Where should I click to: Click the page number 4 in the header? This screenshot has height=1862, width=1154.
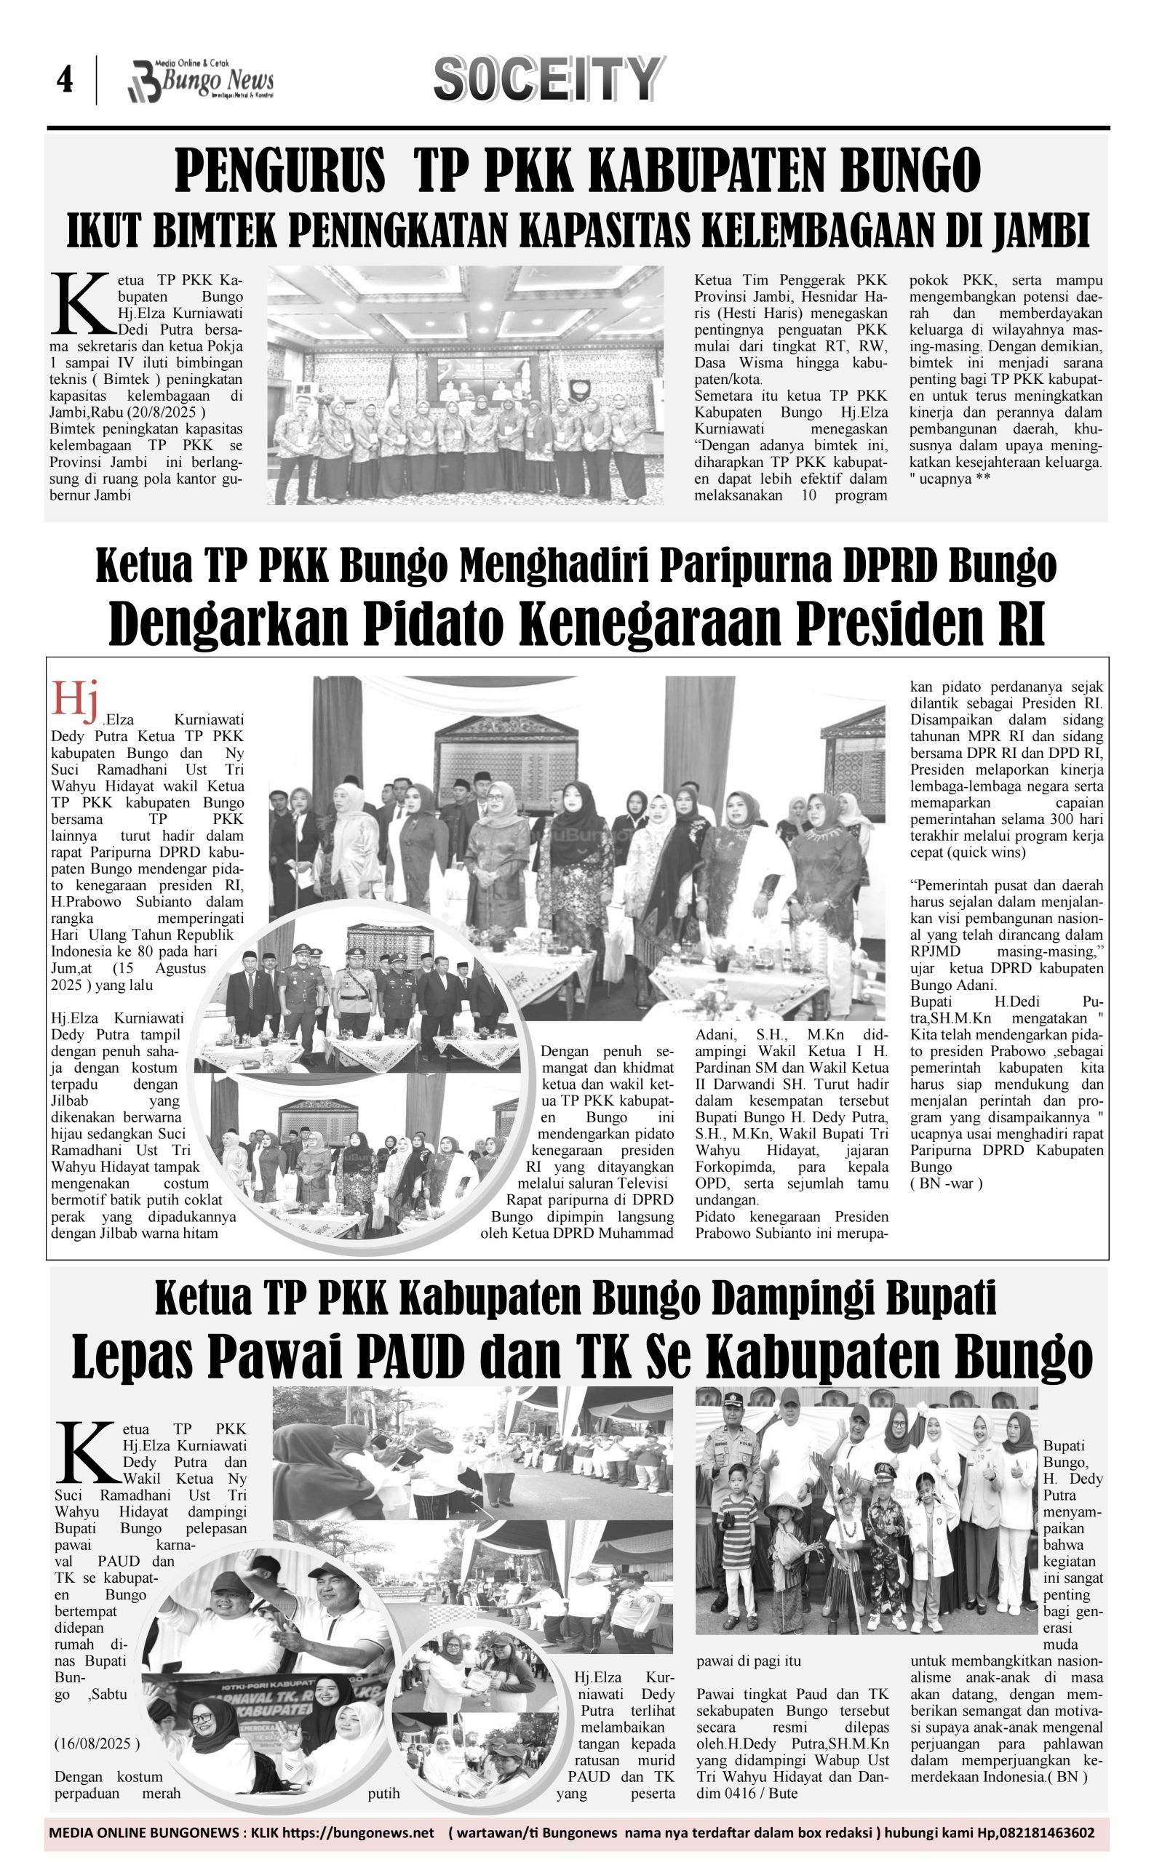click(65, 80)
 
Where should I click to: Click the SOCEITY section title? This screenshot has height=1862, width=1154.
click(546, 79)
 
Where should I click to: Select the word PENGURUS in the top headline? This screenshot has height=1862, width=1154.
click(280, 172)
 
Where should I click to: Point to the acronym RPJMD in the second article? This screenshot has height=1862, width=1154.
click(935, 951)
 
